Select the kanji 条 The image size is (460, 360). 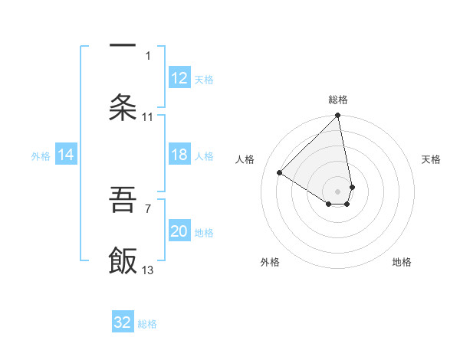point(123,108)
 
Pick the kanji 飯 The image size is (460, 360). point(123,261)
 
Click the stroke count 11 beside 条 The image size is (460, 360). point(148,117)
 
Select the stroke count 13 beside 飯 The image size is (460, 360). point(148,270)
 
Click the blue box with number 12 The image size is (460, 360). point(179,78)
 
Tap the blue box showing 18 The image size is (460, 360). point(179,155)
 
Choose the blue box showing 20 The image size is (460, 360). point(179,231)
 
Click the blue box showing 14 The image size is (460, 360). point(66,155)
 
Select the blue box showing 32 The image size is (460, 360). point(123,322)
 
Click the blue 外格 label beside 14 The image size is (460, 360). point(41,155)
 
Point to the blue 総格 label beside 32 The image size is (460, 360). point(147,323)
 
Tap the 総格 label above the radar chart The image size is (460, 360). point(338,100)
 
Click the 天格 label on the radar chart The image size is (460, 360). point(431,159)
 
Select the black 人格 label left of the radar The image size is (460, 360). point(245,159)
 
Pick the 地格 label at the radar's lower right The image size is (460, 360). point(402,262)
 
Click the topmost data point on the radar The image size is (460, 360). point(338,116)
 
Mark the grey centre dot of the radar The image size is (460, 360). point(338,191)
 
